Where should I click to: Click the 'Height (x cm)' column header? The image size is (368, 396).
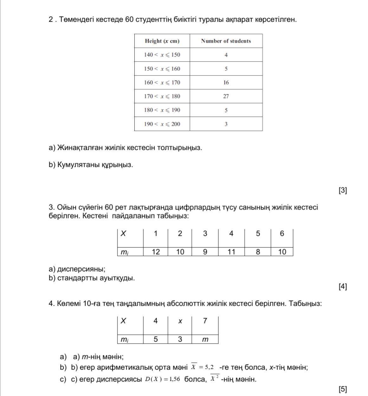162,41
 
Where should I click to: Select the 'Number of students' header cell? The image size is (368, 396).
226,41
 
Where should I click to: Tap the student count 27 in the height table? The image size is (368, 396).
226,96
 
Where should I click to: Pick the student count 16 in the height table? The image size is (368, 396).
226,82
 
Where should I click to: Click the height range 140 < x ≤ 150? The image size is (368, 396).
162,55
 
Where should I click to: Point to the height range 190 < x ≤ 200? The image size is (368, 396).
162,124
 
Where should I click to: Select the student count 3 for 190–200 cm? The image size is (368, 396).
226,124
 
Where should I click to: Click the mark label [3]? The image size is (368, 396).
343,190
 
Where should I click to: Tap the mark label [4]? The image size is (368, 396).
343,287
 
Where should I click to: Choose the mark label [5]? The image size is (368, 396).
343,389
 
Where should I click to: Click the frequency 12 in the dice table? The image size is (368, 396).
156,252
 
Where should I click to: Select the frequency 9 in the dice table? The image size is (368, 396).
205,252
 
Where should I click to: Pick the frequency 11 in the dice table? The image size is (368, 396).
231,252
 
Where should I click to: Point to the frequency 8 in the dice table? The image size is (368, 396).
258,252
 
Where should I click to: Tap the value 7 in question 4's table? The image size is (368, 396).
205,321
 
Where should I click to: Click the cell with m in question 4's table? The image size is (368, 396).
205,339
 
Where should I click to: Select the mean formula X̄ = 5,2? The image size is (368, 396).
202,367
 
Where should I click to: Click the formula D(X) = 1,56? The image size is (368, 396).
163,379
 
